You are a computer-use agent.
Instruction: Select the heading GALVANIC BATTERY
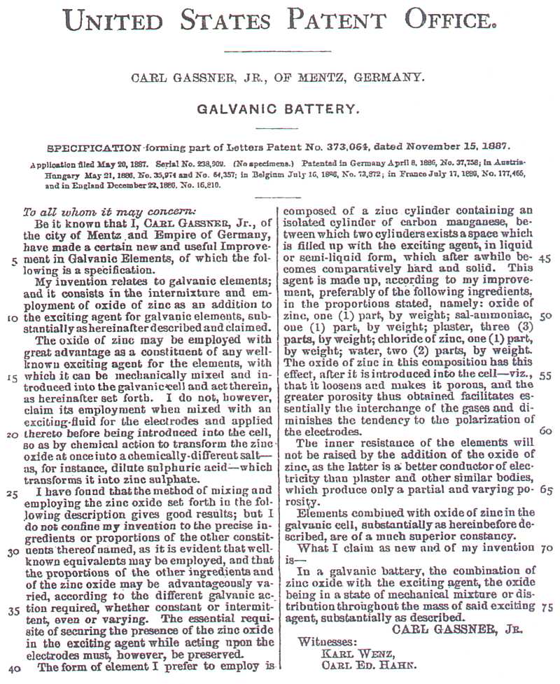coord(279,109)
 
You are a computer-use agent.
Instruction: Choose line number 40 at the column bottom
coord(13,668)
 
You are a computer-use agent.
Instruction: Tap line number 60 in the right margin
coord(546,431)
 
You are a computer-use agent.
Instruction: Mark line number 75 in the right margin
coord(546,606)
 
